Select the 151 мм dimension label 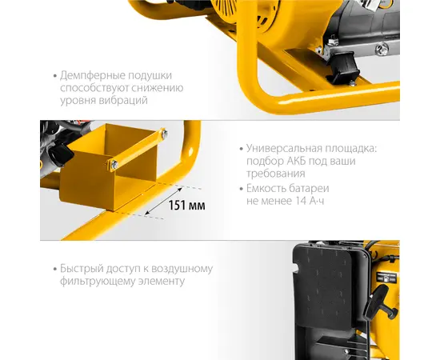coord(186,206)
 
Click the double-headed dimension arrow coord(163,201)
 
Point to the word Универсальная coord(284,148)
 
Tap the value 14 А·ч coord(310,201)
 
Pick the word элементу coord(162,281)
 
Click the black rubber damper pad coord(343,66)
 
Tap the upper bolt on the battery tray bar coord(164,134)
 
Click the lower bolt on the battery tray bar coord(114,165)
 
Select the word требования coord(276,174)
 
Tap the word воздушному coord(182,269)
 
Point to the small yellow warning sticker coord(387,278)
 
